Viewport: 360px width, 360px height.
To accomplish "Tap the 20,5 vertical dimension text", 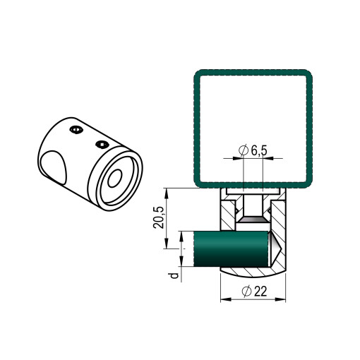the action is click(158, 217).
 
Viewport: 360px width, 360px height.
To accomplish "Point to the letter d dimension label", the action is click(174, 275).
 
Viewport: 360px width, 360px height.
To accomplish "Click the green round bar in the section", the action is click(231, 249).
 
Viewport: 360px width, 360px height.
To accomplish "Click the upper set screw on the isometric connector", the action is click(77, 130).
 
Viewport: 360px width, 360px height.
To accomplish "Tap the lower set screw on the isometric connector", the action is click(102, 145).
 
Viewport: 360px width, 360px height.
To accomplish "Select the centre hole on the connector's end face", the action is click(115, 178).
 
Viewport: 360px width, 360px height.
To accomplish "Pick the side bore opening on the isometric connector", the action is click(54, 167).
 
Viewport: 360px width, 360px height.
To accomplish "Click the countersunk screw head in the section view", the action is click(253, 220).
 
